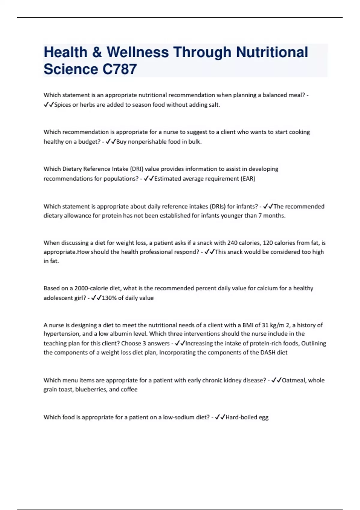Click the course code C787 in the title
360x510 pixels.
point(120,69)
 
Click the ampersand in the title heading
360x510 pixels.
point(97,52)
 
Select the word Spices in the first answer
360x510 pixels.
point(62,105)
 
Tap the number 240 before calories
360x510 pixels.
point(232,243)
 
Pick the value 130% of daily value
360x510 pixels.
point(127,298)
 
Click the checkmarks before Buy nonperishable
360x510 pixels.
point(111,142)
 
